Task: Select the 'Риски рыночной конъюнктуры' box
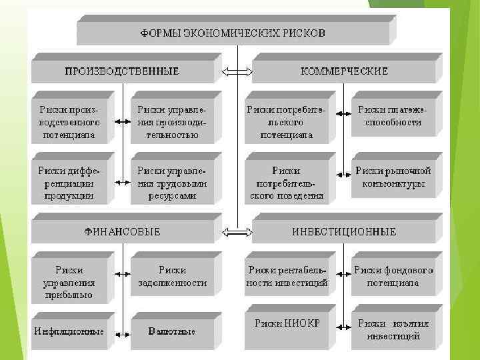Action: [393, 177]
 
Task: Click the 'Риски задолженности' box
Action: [172, 277]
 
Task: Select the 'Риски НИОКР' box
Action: [286, 327]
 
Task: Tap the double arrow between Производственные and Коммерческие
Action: [237, 71]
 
